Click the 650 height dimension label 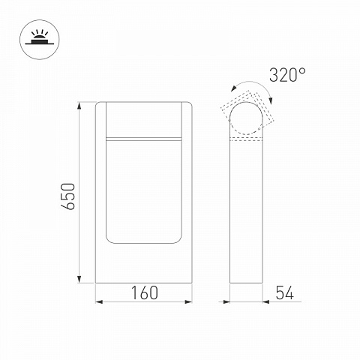point(68,196)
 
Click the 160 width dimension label point(145,292)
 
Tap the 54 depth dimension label point(285,292)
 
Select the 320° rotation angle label point(287,75)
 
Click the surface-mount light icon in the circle point(40,40)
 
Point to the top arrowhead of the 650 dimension point(79,105)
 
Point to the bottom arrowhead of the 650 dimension point(79,280)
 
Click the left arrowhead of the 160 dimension point(99,302)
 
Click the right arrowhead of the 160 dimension point(188,302)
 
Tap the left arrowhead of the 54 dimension point(226,302)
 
